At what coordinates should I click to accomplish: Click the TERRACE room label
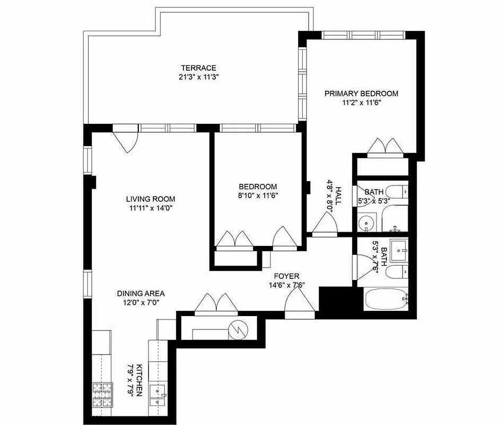198,67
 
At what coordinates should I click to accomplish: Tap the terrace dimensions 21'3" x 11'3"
198,77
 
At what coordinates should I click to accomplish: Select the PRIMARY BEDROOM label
361,93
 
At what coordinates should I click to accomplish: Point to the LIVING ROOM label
150,199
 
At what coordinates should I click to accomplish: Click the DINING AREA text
141,293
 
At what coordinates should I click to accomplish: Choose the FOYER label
286,276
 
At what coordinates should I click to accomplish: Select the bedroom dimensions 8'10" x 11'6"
258,195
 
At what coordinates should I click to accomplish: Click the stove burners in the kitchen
103,394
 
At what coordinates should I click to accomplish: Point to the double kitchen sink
159,394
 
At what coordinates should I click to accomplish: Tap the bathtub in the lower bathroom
386,300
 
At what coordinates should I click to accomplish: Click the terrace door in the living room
126,139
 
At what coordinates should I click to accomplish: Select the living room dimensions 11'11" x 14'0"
150,208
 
